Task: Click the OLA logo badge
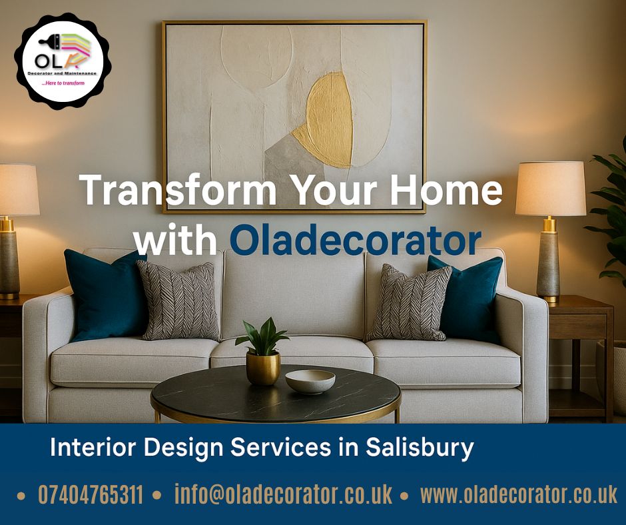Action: coord(63,61)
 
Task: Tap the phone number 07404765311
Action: coord(91,494)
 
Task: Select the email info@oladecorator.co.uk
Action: coord(284,494)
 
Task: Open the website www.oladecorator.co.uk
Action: coord(519,494)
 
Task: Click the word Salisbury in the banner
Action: coord(420,448)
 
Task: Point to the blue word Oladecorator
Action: coord(356,241)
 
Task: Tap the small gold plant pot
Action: coord(263,368)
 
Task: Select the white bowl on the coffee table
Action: coord(310,381)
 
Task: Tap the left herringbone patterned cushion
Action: coord(180,300)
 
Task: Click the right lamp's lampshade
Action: coord(551,189)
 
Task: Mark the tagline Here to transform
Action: coord(63,83)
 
